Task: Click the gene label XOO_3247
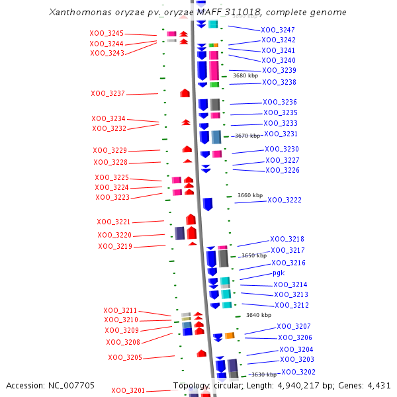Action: click(278, 30)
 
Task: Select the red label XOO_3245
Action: click(107, 33)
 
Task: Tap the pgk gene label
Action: click(279, 273)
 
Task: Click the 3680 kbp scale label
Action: click(245, 75)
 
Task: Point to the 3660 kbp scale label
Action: click(250, 195)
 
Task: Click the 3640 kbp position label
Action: click(259, 316)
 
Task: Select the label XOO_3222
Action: click(285, 200)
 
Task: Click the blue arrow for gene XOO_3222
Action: click(208, 204)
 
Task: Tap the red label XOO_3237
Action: click(108, 94)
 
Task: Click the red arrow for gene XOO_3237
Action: click(185, 93)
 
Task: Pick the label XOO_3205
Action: click(125, 357)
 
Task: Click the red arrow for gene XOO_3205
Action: click(202, 353)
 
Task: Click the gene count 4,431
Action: click(378, 385)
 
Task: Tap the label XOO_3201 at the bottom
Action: click(128, 390)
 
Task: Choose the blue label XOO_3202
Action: click(298, 372)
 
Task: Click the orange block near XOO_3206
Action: click(230, 335)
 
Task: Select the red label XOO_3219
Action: click(115, 246)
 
